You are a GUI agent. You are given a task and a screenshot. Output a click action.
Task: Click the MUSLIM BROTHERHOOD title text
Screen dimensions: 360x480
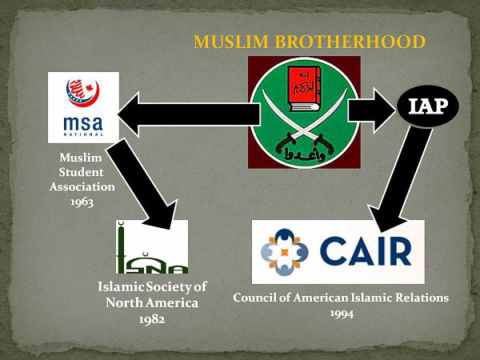coord(309,42)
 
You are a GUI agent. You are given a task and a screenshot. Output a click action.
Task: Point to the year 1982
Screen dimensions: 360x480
coord(152,318)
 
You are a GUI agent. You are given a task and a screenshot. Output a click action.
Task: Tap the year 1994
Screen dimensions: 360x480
coord(340,312)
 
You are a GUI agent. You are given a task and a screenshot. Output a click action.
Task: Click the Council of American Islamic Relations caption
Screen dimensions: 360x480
coord(340,298)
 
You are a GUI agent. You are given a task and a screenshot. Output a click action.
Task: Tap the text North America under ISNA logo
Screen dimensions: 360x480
coord(152,303)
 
